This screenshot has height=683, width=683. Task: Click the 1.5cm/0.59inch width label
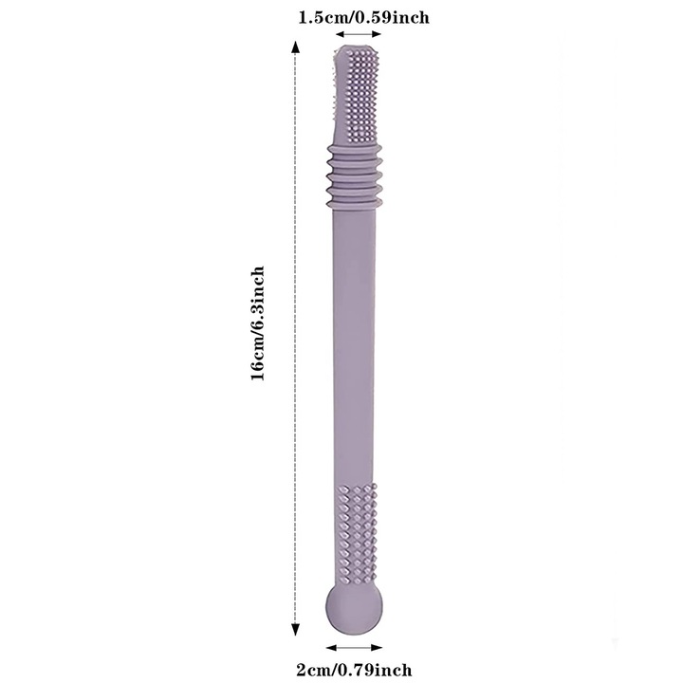click(363, 17)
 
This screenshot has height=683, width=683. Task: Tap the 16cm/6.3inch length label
click(257, 323)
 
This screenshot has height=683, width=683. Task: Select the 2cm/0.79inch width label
click(354, 670)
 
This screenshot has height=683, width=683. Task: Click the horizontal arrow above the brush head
click(359, 34)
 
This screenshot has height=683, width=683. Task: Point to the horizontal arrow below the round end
click(354, 648)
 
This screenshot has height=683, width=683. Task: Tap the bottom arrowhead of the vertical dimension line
click(295, 630)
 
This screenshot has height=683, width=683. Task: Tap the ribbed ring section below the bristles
click(354, 176)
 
